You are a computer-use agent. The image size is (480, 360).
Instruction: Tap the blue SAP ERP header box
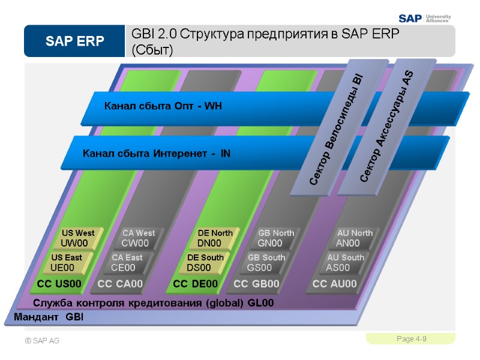pyautogui.click(x=74, y=41)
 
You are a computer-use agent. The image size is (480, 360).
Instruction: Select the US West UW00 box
pyautogui.click(x=79, y=238)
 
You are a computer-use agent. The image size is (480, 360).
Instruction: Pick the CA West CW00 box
pyautogui.click(x=137, y=238)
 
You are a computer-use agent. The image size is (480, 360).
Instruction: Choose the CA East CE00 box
pyautogui.click(x=126, y=263)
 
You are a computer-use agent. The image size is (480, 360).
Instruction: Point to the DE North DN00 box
pyautogui.click(x=214, y=238)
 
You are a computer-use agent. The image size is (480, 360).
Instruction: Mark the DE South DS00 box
pyautogui.click(x=204, y=263)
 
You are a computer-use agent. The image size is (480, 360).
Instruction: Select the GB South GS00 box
pyautogui.click(x=263, y=263)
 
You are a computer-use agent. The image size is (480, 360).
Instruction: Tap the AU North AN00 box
pyautogui.click(x=353, y=238)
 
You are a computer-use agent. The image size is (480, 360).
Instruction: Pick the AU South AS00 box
pyautogui.click(x=343, y=263)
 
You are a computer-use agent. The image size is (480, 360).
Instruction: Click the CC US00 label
pyautogui.click(x=59, y=284)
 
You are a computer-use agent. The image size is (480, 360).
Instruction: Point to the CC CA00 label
pyautogui.click(x=121, y=284)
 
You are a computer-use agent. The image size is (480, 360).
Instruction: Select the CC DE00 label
pyautogui.click(x=196, y=284)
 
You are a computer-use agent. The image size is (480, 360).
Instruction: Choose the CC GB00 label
pyautogui.click(x=257, y=284)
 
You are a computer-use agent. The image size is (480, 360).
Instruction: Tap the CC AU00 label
pyautogui.click(x=335, y=284)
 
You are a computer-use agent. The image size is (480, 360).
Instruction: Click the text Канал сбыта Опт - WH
pyautogui.click(x=163, y=107)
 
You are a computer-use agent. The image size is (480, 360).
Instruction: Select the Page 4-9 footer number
pyautogui.click(x=412, y=340)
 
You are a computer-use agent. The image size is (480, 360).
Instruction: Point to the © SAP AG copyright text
pyautogui.click(x=42, y=341)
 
